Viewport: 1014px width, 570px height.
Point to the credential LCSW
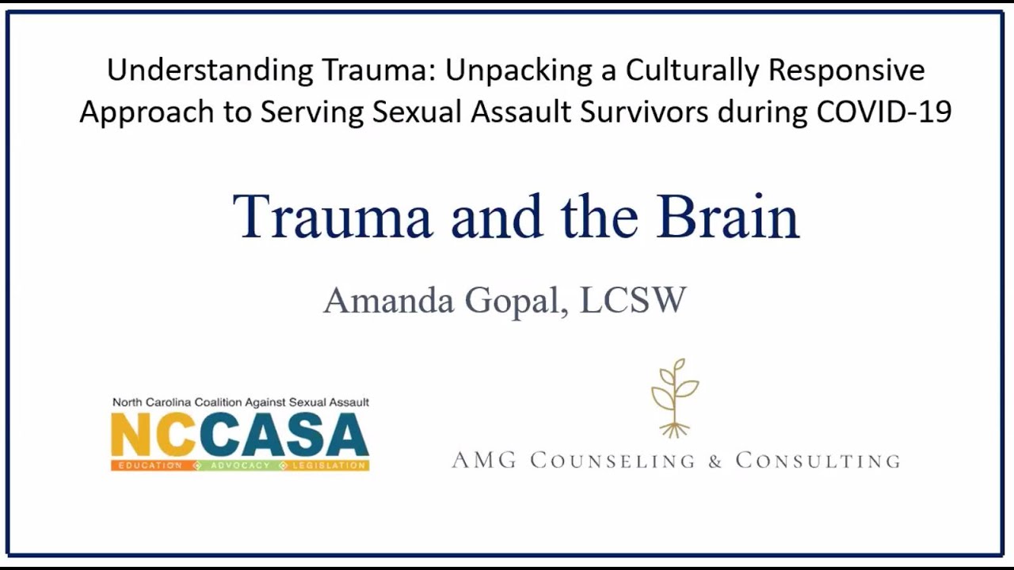[632, 301]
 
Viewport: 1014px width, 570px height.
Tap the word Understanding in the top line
[210, 70]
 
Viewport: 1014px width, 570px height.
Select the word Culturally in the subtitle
[693, 70]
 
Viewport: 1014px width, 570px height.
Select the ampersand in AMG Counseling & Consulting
[715, 461]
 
